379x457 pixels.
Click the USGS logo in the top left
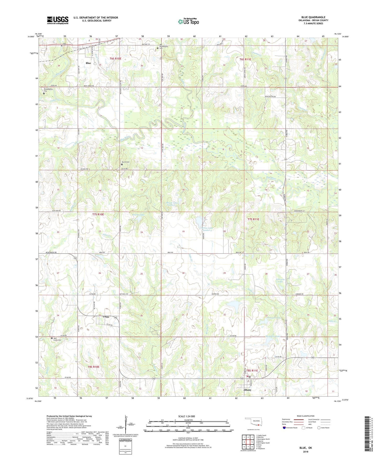(58, 20)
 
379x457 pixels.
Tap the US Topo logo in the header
(188, 21)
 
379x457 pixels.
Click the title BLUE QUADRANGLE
(313, 17)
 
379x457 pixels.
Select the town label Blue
(88, 63)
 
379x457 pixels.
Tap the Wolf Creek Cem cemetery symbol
(52, 338)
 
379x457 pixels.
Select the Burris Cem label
(126, 162)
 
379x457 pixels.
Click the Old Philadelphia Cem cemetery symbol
(158, 48)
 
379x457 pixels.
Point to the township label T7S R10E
(98, 214)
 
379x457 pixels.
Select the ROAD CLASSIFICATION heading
(306, 416)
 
